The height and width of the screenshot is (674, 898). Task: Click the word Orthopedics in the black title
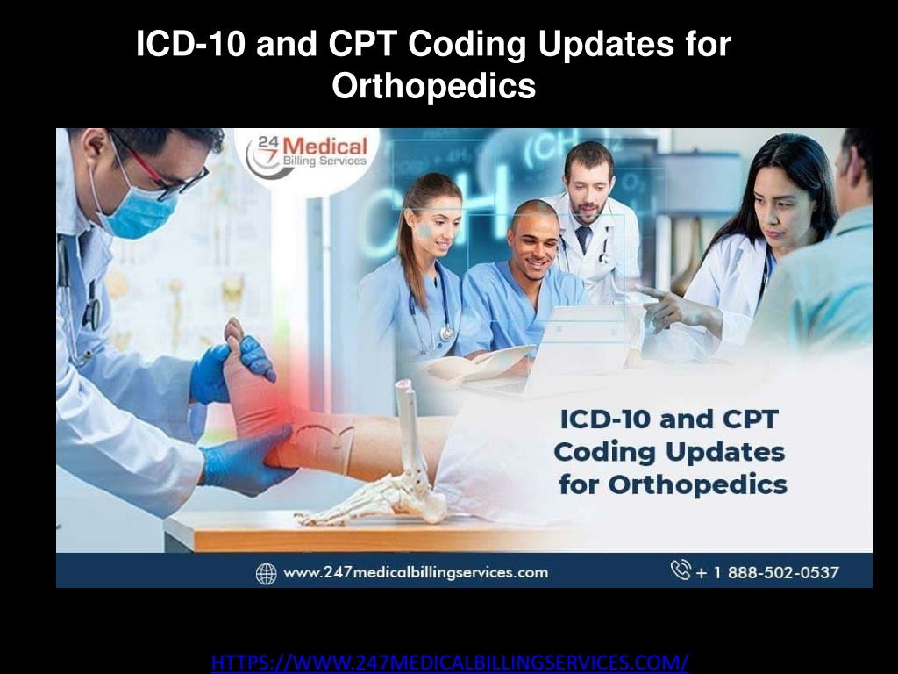tap(433, 86)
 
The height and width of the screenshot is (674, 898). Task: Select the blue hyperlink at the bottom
tap(450, 660)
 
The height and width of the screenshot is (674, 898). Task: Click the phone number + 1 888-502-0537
tap(766, 572)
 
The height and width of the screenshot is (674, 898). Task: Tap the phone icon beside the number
tap(681, 570)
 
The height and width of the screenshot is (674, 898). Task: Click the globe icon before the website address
tap(266, 573)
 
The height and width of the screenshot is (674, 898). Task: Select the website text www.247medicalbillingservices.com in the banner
tap(415, 572)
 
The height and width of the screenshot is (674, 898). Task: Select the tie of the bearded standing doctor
tap(583, 240)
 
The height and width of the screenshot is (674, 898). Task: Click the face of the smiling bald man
tap(534, 238)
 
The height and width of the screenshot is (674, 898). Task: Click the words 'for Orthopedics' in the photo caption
tap(672, 484)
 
